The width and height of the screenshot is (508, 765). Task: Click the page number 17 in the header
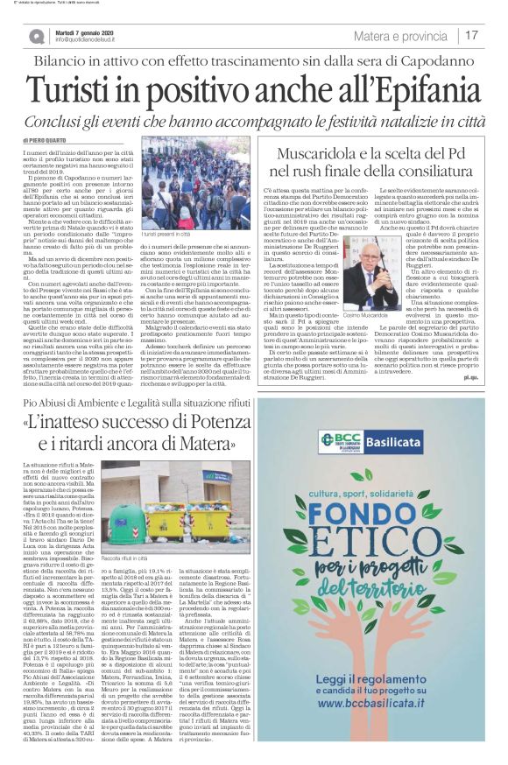point(472,35)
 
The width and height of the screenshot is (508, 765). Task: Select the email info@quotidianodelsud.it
point(90,39)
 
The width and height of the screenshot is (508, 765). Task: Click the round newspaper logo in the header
point(37,35)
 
